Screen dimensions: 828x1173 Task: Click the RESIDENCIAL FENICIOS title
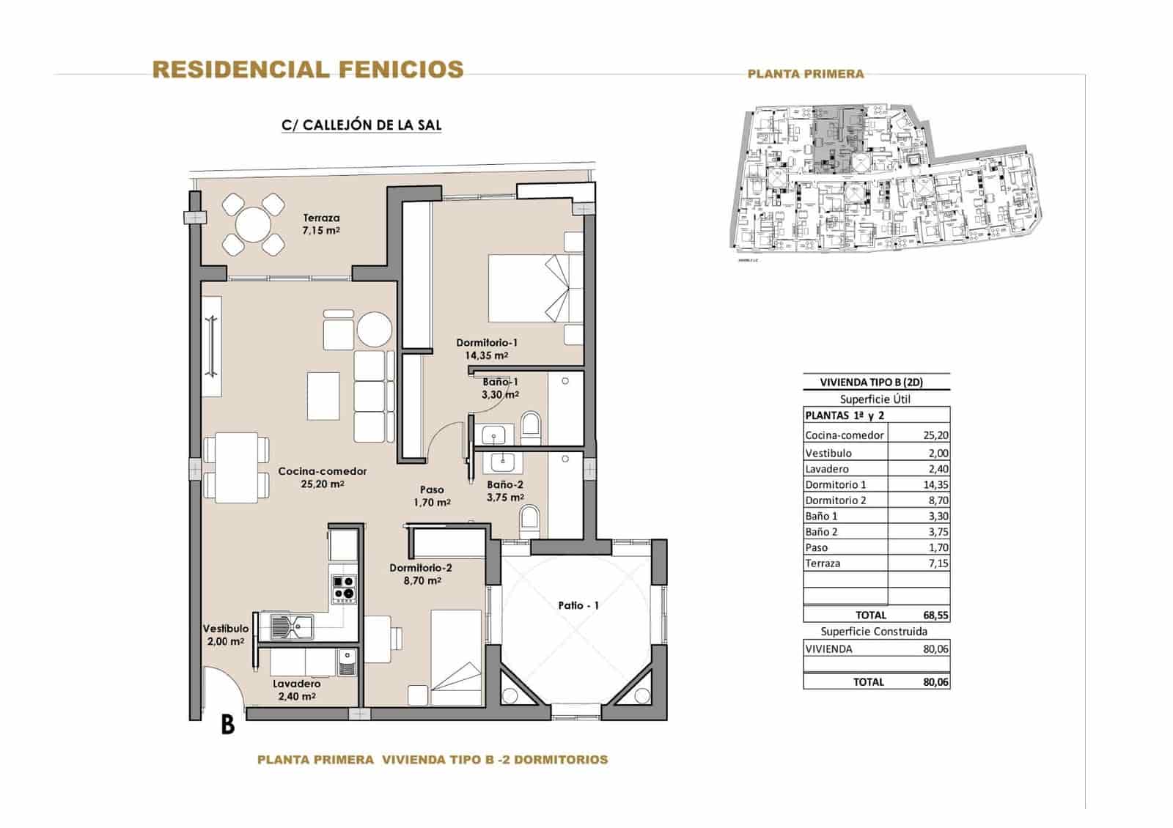pos(308,70)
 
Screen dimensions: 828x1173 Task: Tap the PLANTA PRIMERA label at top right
pos(805,73)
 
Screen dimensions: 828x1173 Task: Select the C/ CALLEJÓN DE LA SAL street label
pos(361,125)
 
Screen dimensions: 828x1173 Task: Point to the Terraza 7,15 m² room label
pos(321,223)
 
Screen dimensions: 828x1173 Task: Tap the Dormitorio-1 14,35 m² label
pos(487,349)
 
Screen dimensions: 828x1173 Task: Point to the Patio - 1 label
pos(578,605)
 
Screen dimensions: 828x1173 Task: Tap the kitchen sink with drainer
pos(291,626)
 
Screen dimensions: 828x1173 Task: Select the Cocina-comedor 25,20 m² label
pos(322,477)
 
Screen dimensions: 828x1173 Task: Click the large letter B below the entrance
pos(227,725)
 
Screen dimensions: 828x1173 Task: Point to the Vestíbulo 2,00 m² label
pos(226,635)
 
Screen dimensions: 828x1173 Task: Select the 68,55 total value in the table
pos(935,616)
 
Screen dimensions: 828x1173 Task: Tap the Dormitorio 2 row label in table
pos(836,500)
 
